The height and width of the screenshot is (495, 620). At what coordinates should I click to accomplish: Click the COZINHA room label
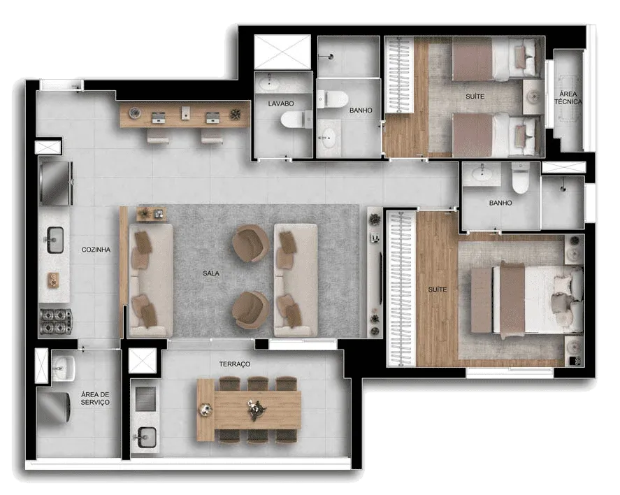pyautogui.click(x=96, y=250)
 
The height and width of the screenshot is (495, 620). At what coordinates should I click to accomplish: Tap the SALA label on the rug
pyautogui.click(x=211, y=273)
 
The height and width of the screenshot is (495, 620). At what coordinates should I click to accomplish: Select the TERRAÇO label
pyautogui.click(x=235, y=364)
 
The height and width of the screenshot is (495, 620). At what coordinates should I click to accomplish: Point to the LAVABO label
pyautogui.click(x=281, y=103)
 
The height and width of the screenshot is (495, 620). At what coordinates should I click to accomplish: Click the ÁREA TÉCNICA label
pyautogui.click(x=568, y=98)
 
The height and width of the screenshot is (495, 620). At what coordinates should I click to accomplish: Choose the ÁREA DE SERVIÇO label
pyautogui.click(x=95, y=398)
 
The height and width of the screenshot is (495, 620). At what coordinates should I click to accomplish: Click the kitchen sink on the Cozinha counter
pyautogui.click(x=55, y=240)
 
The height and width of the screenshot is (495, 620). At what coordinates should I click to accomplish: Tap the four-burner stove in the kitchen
pyautogui.click(x=56, y=322)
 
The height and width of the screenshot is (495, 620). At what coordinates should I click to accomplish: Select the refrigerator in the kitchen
pyautogui.click(x=56, y=183)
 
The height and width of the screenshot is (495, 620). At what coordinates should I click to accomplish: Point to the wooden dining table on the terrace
pyautogui.click(x=249, y=409)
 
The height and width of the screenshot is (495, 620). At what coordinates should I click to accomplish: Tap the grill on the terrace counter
pyautogui.click(x=145, y=399)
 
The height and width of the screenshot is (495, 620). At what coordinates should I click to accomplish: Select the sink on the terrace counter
pyautogui.click(x=146, y=438)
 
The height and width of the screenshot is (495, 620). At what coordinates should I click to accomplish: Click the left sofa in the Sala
pyautogui.click(x=151, y=281)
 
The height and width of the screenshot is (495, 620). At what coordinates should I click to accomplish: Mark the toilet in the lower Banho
pyautogui.click(x=520, y=178)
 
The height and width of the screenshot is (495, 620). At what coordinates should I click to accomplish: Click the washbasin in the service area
pyautogui.click(x=64, y=368)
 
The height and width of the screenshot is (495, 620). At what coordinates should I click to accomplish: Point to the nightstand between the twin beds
pyautogui.click(x=533, y=97)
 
